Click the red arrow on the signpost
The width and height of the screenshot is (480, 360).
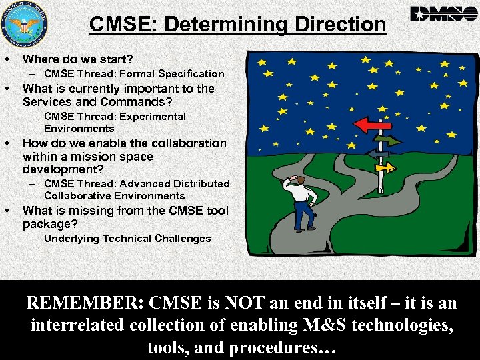pyautogui.click(x=372, y=124)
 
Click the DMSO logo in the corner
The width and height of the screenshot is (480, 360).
pyautogui.click(x=440, y=13)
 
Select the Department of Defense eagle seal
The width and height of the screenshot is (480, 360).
pyautogui.click(x=25, y=25)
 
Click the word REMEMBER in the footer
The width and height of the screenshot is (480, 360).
pyautogui.click(x=84, y=303)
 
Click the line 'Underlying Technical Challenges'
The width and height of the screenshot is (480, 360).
pyautogui.click(x=127, y=239)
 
